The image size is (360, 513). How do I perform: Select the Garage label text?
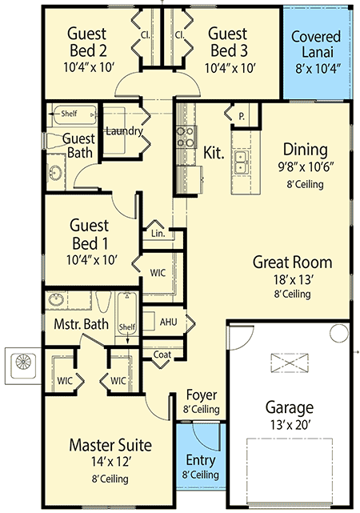[290, 407]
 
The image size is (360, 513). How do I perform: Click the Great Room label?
[292, 263]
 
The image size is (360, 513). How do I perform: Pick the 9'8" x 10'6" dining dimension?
[304, 168]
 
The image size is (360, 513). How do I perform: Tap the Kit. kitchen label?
[213, 152]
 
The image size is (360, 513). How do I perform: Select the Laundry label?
[124, 131]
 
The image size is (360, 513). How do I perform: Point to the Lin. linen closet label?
[157, 234]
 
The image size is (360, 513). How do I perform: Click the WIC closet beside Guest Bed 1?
[158, 272]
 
